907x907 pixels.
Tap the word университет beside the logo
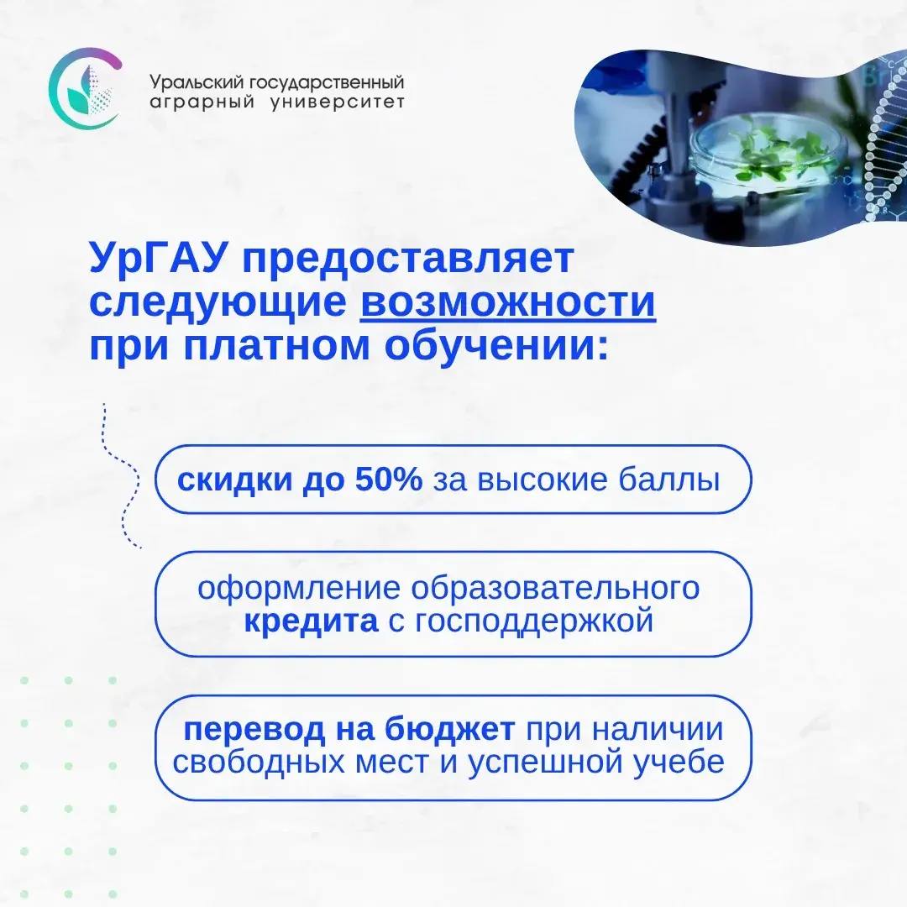pyautogui.click(x=338, y=102)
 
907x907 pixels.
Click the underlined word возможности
pyautogui.click(x=508, y=302)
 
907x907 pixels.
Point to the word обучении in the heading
pyautogui.click(x=497, y=346)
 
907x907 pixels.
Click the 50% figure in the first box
pyautogui.click(x=389, y=479)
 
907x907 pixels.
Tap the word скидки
pyautogui.click(x=235, y=480)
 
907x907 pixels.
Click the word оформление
pyautogui.click(x=299, y=589)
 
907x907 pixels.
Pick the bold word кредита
pyautogui.click(x=312, y=621)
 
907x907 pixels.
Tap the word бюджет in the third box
pyautogui.click(x=449, y=730)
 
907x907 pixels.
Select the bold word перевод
pyautogui.click(x=254, y=730)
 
